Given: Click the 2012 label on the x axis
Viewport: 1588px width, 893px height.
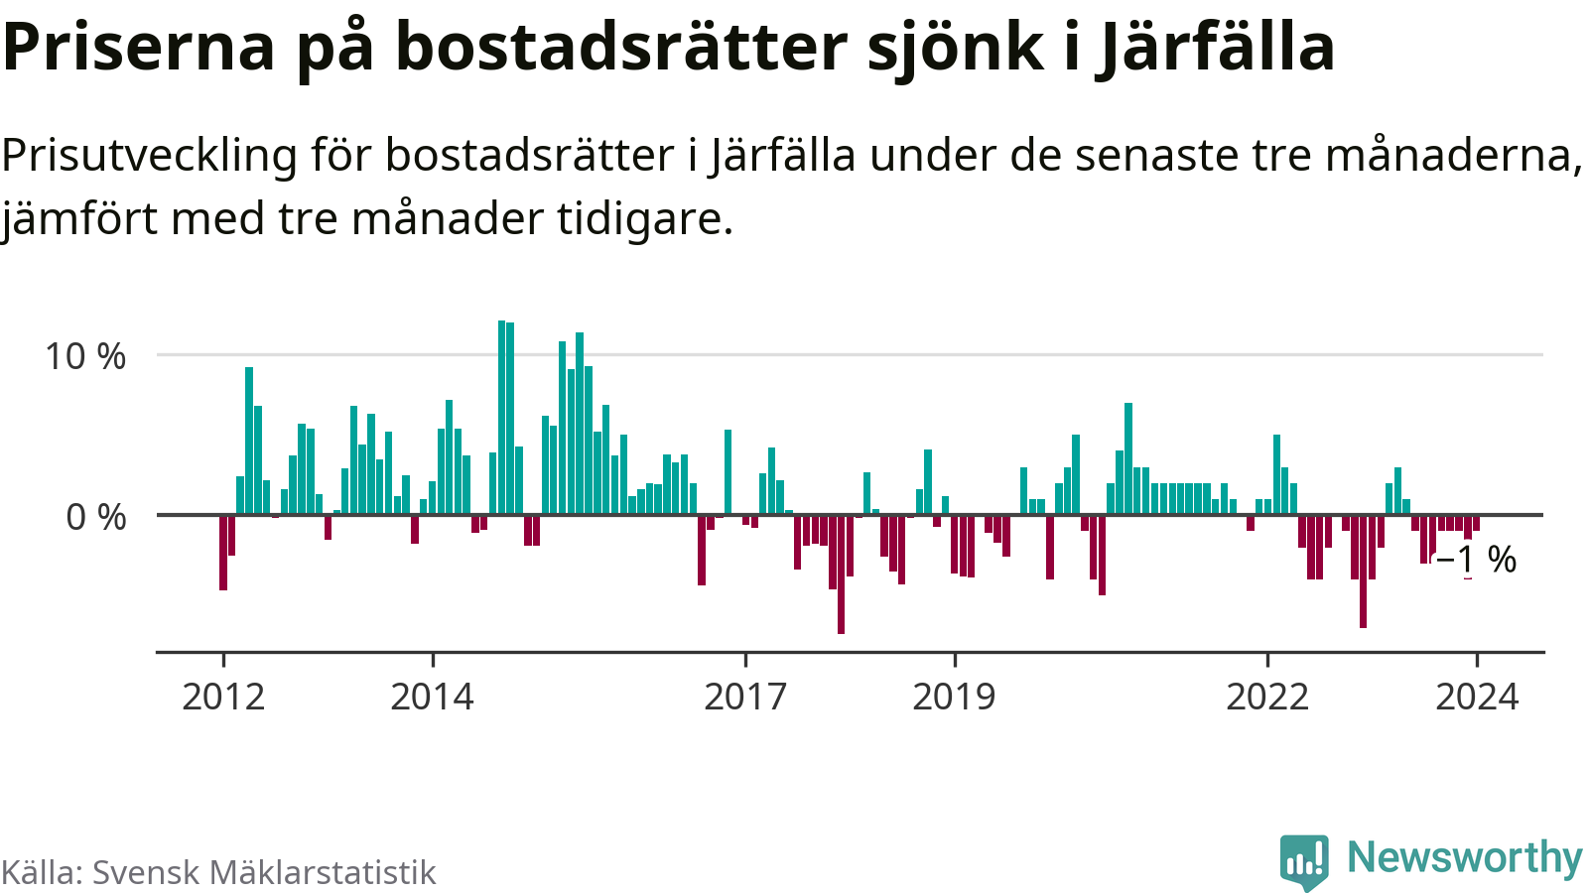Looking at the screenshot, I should [223, 697].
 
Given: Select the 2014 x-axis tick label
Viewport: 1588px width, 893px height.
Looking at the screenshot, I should [432, 697].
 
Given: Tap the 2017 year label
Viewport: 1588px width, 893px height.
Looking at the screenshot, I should [745, 697].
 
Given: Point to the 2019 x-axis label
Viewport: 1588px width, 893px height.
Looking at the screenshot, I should [954, 697].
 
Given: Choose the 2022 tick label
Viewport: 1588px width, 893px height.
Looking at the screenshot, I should [1267, 697].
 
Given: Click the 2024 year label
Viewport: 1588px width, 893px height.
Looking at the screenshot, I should [1477, 697].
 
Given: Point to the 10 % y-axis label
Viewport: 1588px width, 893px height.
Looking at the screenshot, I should [85, 356].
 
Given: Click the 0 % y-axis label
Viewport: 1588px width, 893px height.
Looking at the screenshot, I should [96, 517].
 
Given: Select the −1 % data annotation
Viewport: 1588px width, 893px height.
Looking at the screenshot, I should [1477, 560].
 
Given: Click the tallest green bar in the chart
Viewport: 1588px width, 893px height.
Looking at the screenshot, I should [502, 417].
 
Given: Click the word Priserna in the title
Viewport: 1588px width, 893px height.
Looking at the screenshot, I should [138, 46].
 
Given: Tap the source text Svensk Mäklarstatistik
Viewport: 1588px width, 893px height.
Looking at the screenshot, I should [264, 872].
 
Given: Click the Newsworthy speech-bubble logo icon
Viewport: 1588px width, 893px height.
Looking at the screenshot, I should [1304, 860].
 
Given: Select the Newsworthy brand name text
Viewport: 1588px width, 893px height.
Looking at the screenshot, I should [1464, 857].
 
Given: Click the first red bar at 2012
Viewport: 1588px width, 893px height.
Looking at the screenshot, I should [223, 553].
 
